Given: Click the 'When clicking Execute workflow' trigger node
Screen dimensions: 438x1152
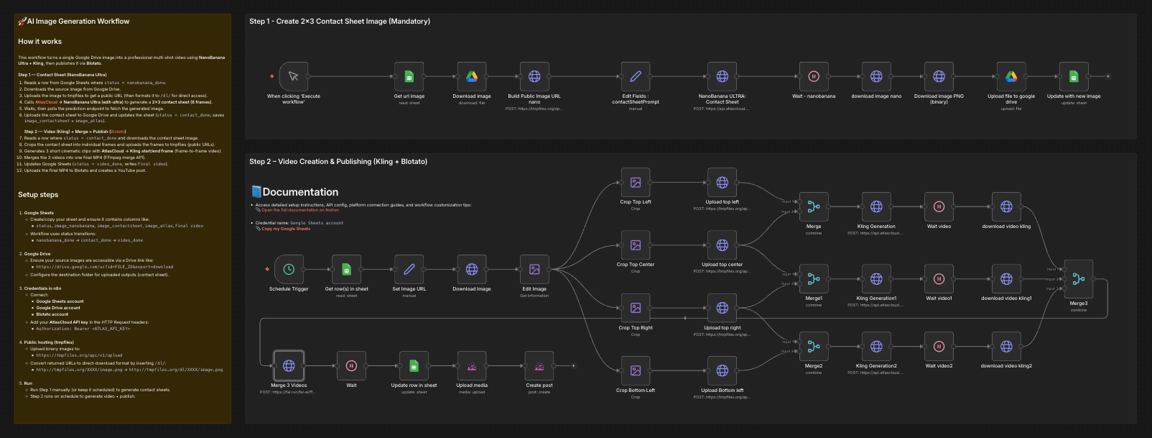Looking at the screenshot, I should click(293, 76).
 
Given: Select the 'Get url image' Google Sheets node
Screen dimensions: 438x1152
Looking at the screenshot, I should click(409, 76).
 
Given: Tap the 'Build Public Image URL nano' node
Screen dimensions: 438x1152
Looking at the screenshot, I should click(534, 76).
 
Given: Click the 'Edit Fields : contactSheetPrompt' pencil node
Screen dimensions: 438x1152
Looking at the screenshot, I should click(636, 76).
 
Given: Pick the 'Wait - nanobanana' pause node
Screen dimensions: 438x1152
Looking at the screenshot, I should click(814, 76).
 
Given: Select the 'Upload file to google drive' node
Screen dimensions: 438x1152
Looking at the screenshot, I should click(1011, 76).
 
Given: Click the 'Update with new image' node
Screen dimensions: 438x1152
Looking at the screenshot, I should click(1074, 76).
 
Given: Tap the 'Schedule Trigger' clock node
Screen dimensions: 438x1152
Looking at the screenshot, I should click(289, 269).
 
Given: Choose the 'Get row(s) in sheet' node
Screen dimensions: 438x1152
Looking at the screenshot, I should click(346, 269).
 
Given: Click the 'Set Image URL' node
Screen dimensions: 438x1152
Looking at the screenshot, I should click(409, 269).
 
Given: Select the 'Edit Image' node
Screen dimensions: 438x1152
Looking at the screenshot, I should click(534, 269).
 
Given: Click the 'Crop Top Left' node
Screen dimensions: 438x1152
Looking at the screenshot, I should click(636, 183).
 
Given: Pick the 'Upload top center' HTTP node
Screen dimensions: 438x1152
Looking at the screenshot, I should click(723, 245).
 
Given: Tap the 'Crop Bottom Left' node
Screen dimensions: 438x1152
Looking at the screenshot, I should click(636, 370).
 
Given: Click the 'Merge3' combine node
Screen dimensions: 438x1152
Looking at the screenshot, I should click(1078, 279).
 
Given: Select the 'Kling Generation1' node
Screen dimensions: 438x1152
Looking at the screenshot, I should click(876, 279).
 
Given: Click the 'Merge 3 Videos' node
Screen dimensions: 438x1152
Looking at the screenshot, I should click(289, 365).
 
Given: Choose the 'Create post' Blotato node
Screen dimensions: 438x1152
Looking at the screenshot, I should click(539, 365).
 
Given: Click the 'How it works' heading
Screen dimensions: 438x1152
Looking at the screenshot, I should click(40, 42).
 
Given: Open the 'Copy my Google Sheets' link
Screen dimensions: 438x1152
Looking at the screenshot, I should click(286, 229).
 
